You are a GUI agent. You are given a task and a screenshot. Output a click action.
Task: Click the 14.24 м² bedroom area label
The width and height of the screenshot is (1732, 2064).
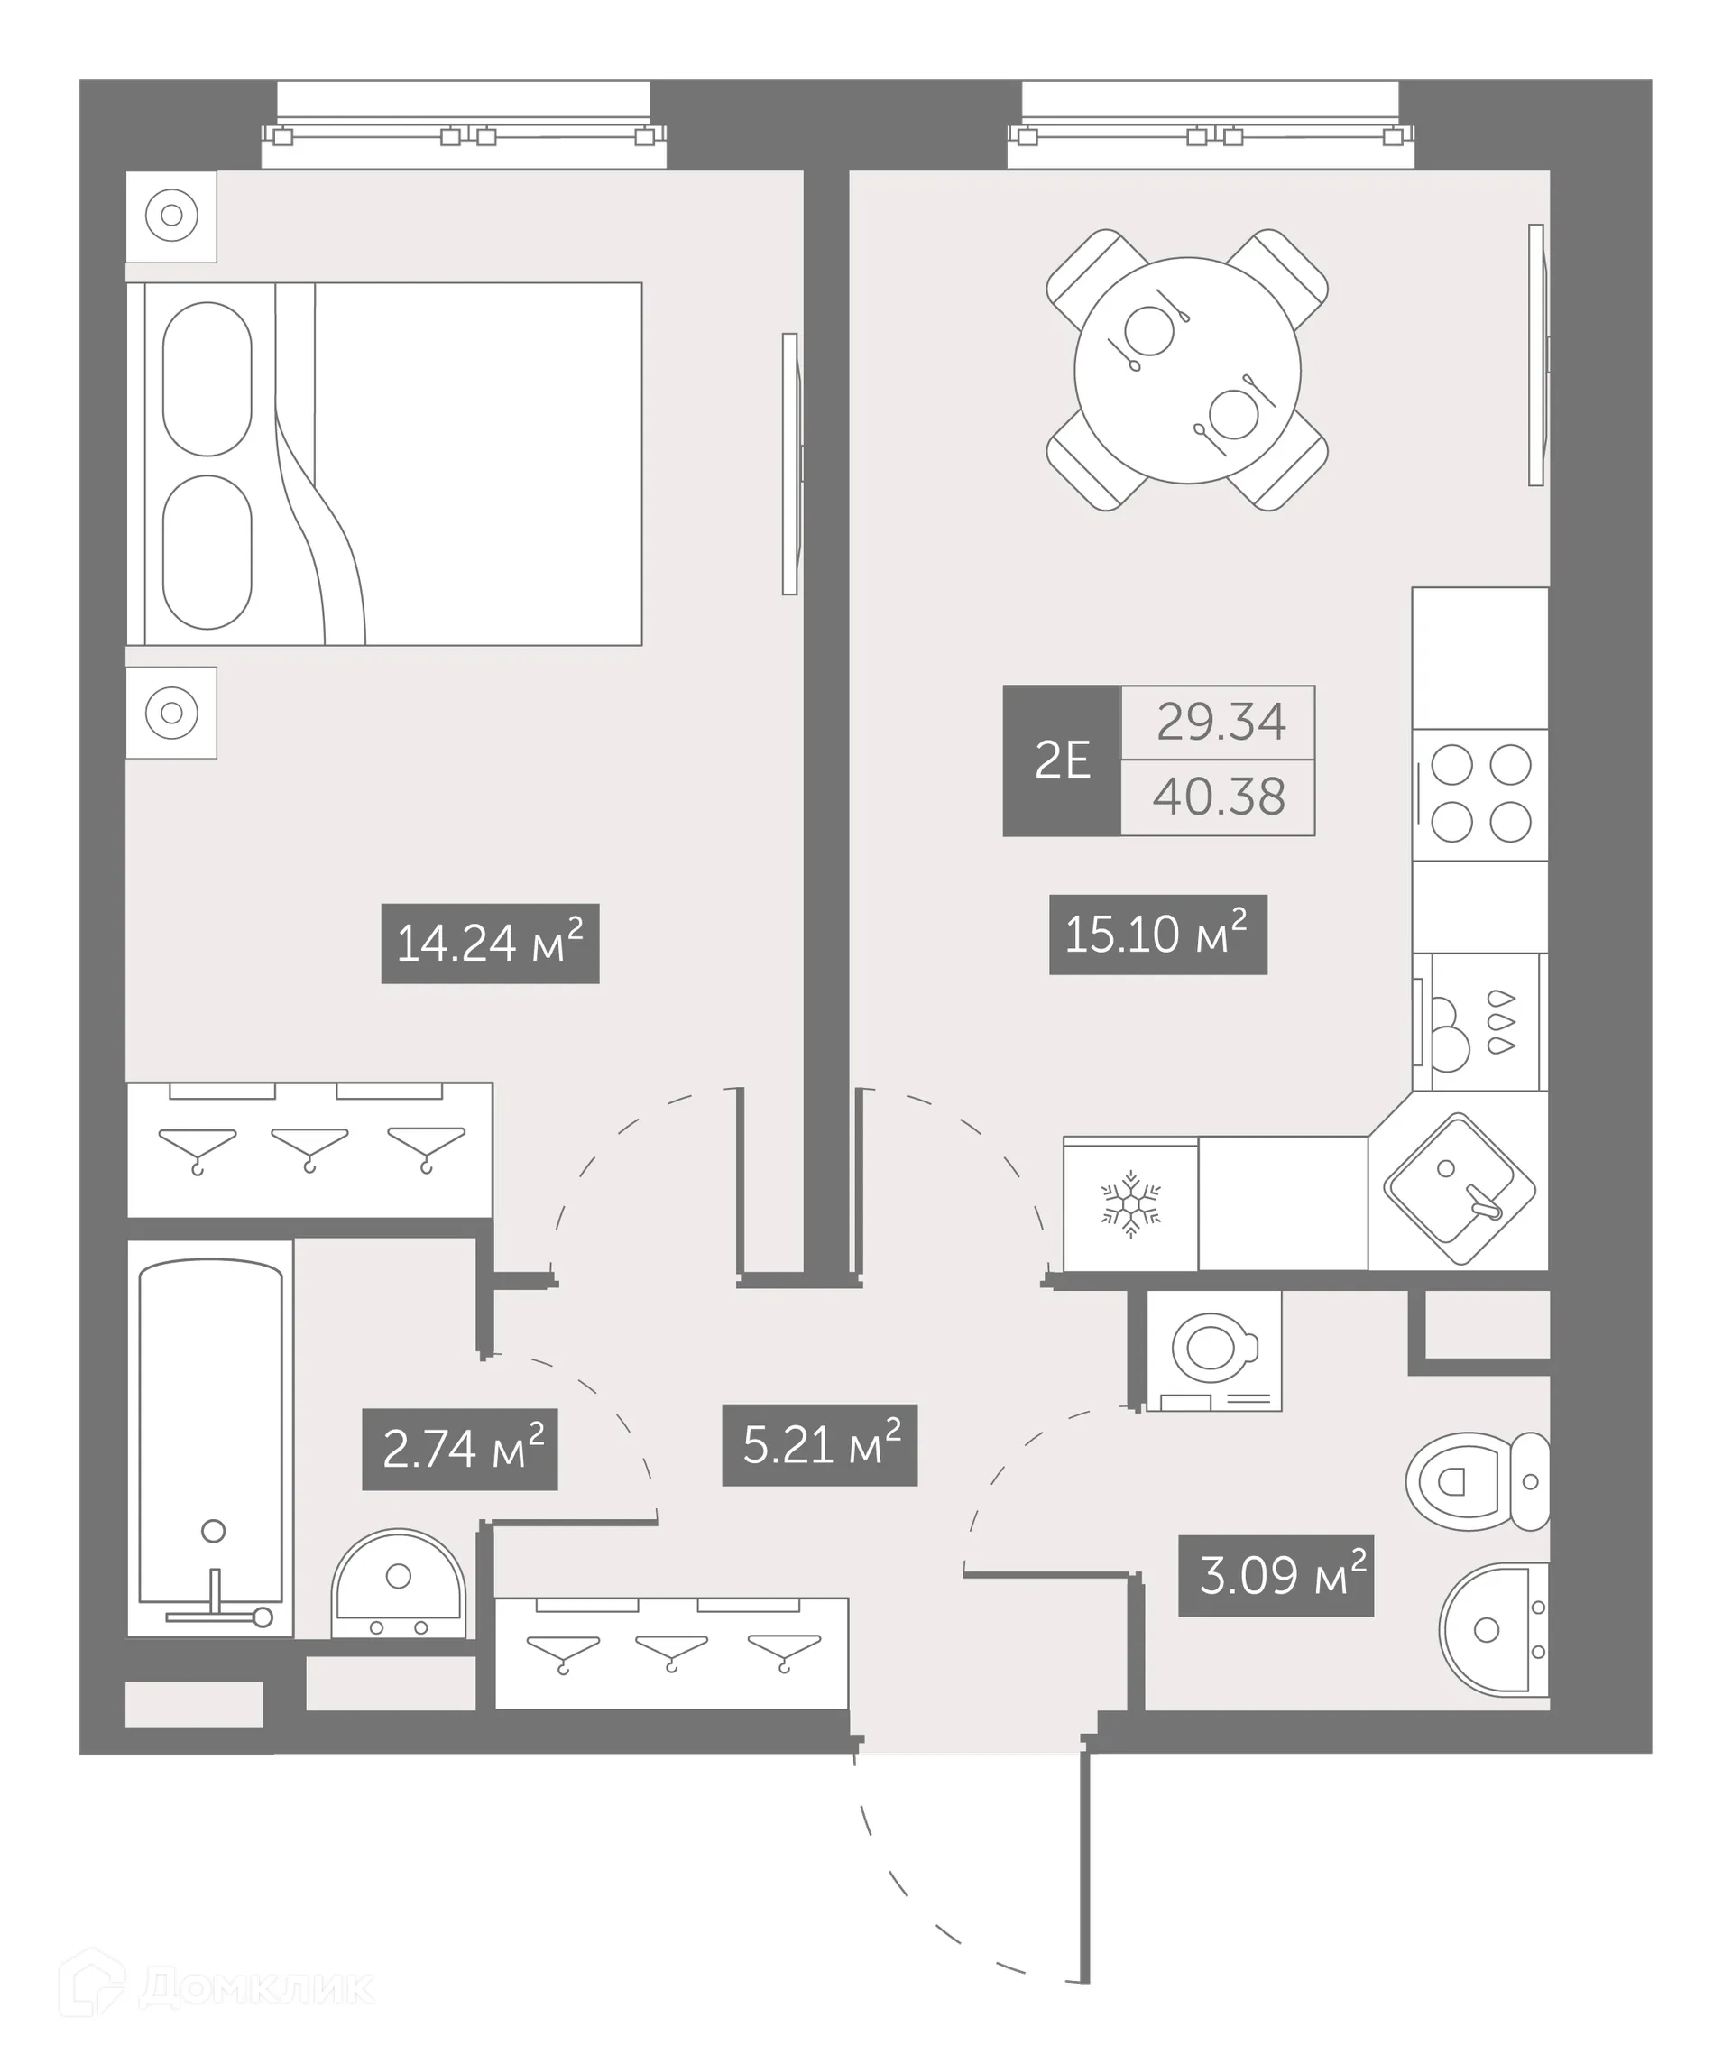490,944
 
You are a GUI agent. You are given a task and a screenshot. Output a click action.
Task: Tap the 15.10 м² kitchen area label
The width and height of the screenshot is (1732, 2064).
1158,935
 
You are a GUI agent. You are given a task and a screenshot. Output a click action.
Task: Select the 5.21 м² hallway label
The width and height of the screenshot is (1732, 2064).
820,1445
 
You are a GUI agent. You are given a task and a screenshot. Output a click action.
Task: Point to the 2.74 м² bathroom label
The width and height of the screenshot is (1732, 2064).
460,1450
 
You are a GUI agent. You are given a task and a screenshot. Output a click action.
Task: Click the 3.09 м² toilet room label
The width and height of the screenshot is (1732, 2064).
1276,1577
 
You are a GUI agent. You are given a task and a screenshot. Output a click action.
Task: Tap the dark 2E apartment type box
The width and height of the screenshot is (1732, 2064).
1062,760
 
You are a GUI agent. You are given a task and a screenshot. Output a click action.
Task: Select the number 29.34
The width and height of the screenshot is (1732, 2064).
1220,723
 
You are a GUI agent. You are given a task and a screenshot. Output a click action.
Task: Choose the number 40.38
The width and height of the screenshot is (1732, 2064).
1219,797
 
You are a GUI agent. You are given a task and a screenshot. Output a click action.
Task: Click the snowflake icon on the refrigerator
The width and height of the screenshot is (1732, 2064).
1130,1204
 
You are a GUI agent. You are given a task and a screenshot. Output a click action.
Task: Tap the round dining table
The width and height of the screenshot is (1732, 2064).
1187,371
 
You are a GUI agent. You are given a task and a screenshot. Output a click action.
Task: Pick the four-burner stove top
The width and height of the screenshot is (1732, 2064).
1480,794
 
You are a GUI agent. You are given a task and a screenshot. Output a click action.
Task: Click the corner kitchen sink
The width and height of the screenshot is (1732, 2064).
1460,1189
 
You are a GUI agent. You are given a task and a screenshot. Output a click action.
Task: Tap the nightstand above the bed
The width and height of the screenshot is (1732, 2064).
171,217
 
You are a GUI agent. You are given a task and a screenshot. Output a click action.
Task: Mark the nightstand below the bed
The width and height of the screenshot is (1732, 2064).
171,713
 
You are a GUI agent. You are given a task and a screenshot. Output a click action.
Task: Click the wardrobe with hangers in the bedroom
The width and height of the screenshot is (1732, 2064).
309,1149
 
